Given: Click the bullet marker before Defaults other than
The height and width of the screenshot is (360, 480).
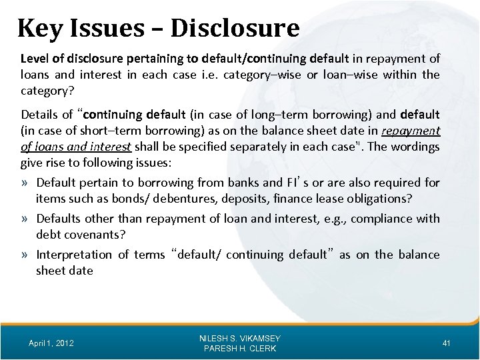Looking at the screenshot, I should click(x=27, y=219).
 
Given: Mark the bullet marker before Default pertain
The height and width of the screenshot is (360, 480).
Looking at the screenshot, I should click(x=27, y=183).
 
